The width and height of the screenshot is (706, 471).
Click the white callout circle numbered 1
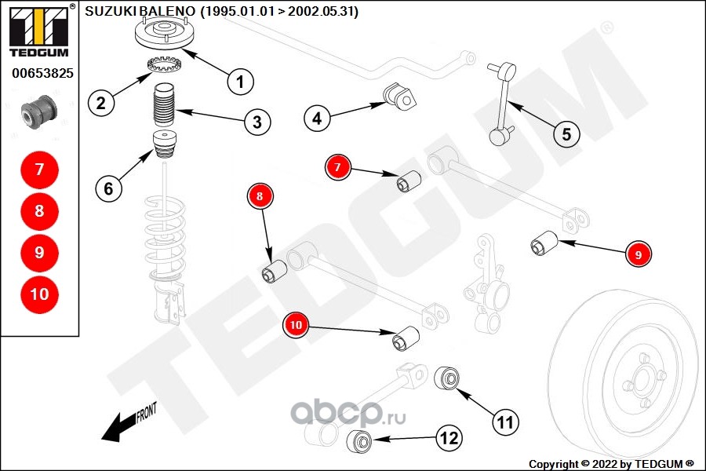point(241,81)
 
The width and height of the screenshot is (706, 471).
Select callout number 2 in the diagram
point(101,102)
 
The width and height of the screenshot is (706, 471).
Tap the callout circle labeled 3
point(257,122)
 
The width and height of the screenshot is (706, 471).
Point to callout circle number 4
point(317,119)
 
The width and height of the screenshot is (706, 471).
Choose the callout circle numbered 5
point(566,133)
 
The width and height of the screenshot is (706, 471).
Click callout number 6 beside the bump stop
point(109,188)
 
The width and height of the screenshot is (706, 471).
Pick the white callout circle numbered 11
point(506,422)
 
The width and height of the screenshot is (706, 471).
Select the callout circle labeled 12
point(448,438)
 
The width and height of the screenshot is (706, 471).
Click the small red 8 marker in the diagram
point(260,195)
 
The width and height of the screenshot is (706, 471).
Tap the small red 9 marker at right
point(639,254)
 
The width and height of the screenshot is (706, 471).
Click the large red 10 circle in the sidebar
point(39,294)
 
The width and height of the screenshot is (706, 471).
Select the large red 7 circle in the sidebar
point(39,169)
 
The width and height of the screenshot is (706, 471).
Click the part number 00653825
point(42,74)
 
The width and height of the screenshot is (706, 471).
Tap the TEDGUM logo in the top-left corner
point(38,31)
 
